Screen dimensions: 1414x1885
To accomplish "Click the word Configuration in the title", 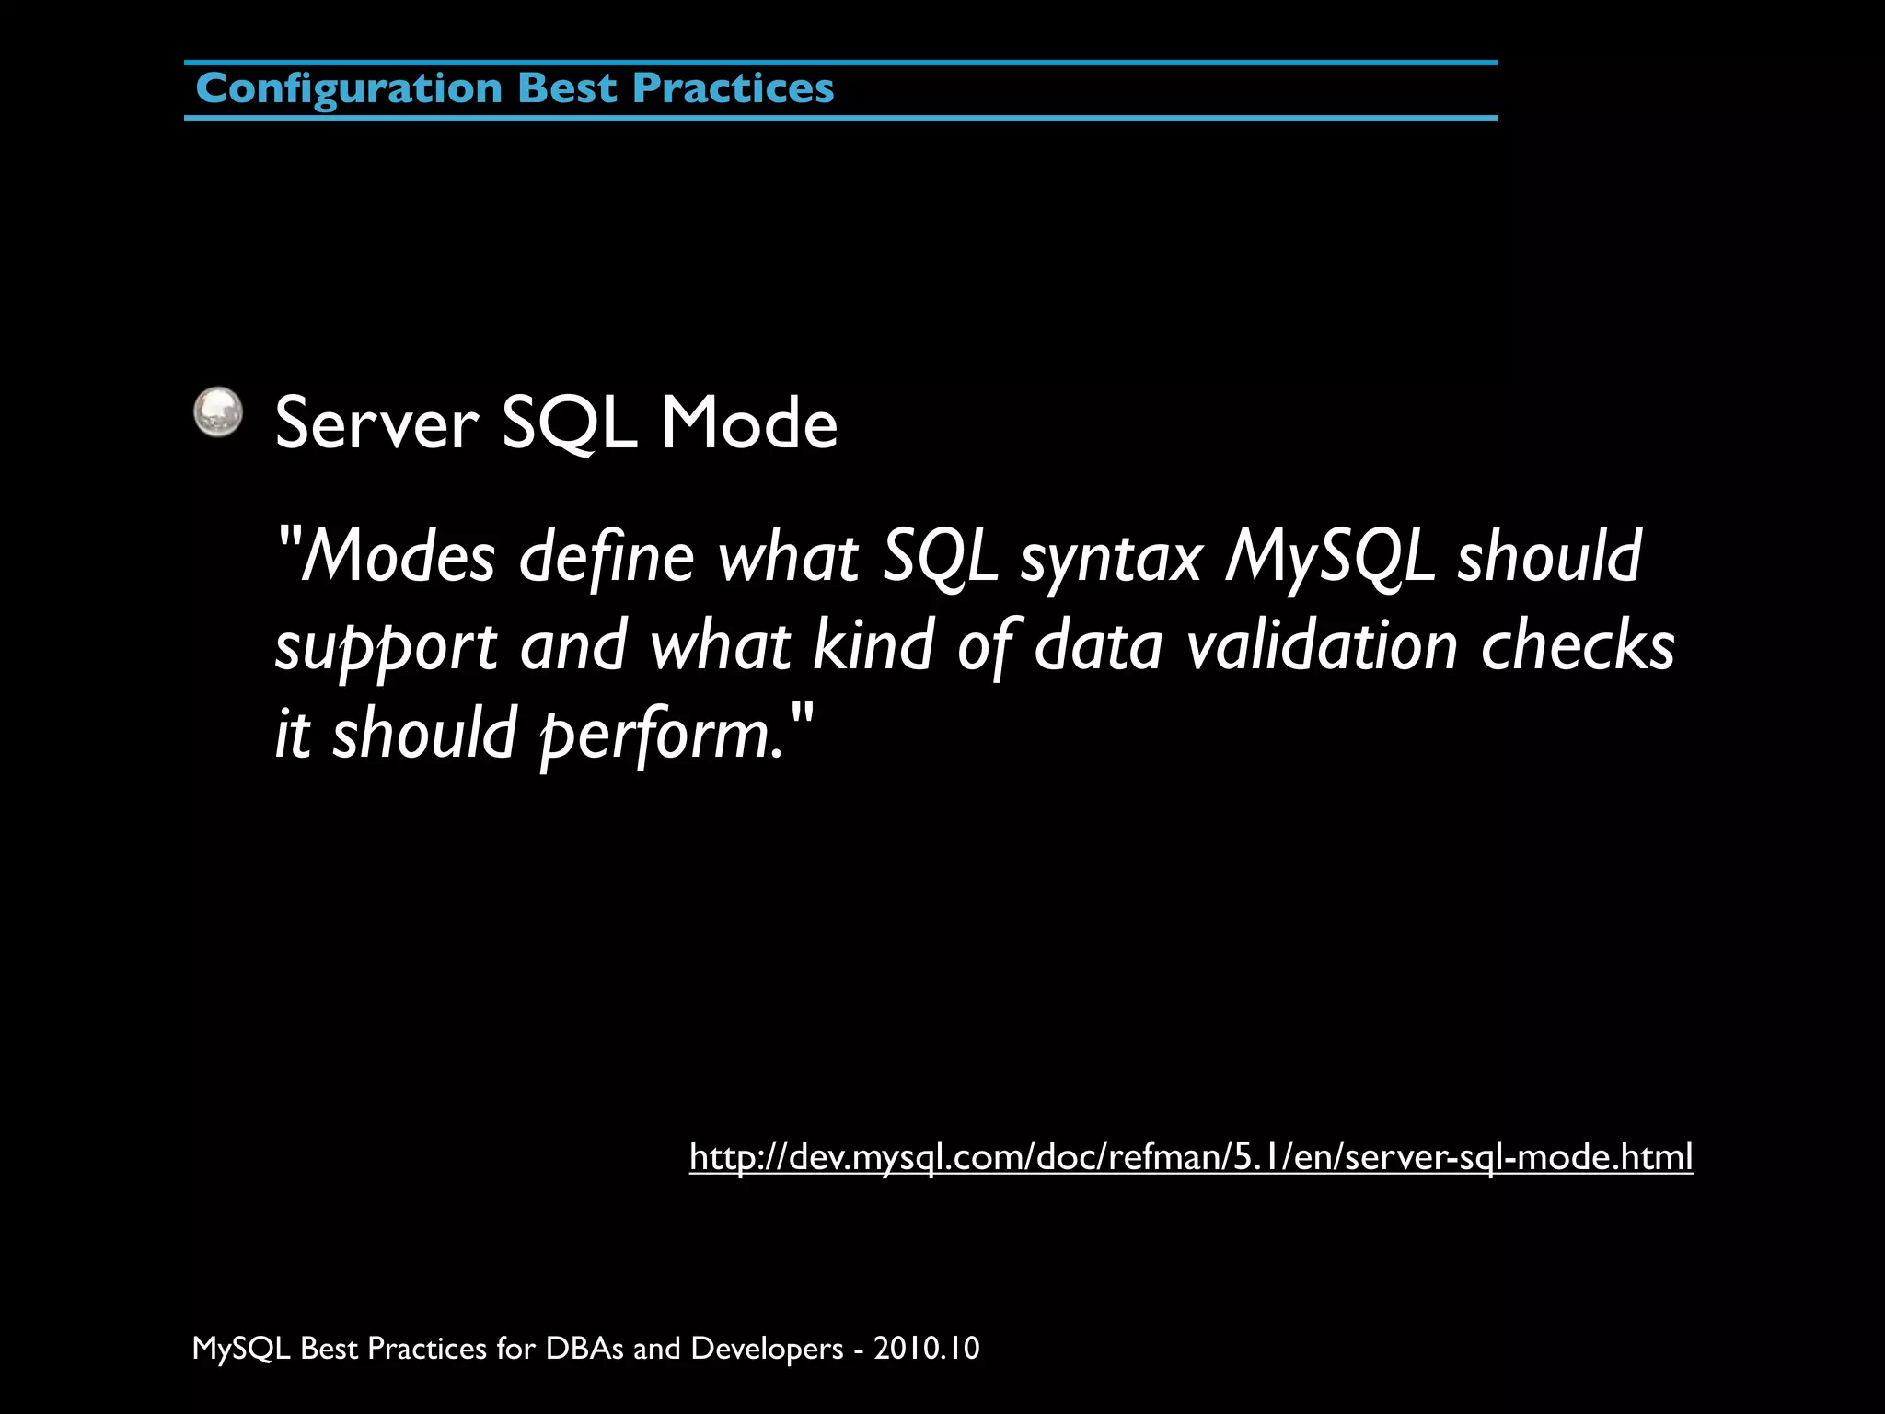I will point(349,89).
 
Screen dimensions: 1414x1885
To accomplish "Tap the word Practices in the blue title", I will point(733,89).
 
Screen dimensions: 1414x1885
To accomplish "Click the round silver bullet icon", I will point(218,411).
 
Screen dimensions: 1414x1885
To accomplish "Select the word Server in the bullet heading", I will point(376,423).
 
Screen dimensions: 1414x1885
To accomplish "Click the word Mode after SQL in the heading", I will point(748,423).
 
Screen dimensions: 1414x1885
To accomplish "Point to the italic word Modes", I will point(398,557).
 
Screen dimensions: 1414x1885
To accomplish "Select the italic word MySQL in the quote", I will point(1328,557).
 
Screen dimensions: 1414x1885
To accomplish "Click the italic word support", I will point(386,647).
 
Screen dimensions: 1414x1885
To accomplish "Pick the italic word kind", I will point(873,645).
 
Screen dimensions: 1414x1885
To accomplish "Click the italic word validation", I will point(1322,645).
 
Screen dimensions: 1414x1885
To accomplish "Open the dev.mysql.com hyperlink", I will point(1190,1156).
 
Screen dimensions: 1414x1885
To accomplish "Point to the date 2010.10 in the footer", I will point(926,1349).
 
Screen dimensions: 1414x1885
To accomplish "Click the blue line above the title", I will point(840,63).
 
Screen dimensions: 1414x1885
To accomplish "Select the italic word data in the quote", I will point(1098,645).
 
